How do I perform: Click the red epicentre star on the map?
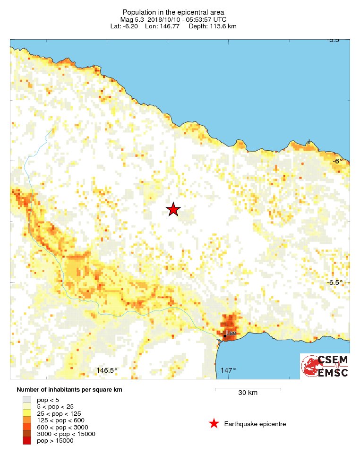173,209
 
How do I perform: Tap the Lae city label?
231,334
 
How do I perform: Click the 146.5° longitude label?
107,370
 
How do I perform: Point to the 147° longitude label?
228,370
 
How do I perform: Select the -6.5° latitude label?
334,283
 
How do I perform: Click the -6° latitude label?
337,161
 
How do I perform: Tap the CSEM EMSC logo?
325,366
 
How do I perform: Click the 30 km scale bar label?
248,393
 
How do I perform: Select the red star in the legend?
214,424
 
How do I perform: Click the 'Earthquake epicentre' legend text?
255,424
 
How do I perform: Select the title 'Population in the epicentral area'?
173,12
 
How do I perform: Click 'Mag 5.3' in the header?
131,19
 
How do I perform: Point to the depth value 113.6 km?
220,26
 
